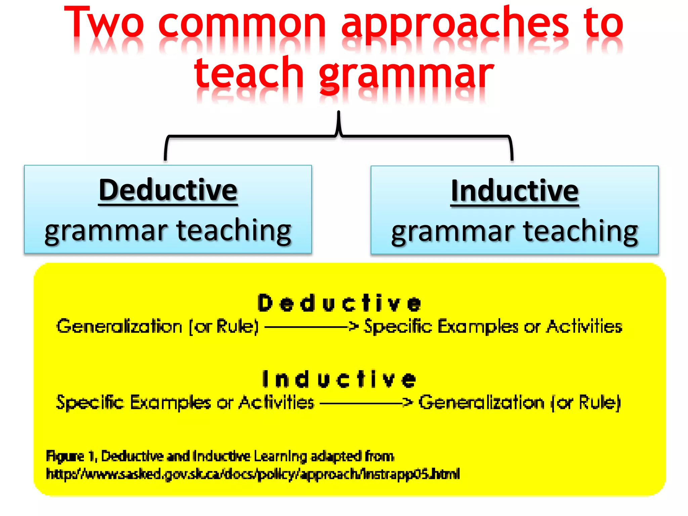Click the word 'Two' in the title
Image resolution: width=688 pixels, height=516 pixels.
[104, 23]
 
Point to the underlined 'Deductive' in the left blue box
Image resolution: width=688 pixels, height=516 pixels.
[168, 190]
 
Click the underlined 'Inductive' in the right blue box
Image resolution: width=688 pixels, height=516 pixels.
[515, 191]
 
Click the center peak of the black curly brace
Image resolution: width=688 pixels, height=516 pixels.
[339, 116]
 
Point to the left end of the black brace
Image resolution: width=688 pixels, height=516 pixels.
[165, 158]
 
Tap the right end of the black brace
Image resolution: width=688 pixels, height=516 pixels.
[512, 158]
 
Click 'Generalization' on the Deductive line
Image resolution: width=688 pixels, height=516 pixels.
[120, 326]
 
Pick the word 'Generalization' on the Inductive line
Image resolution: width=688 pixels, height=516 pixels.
[481, 402]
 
